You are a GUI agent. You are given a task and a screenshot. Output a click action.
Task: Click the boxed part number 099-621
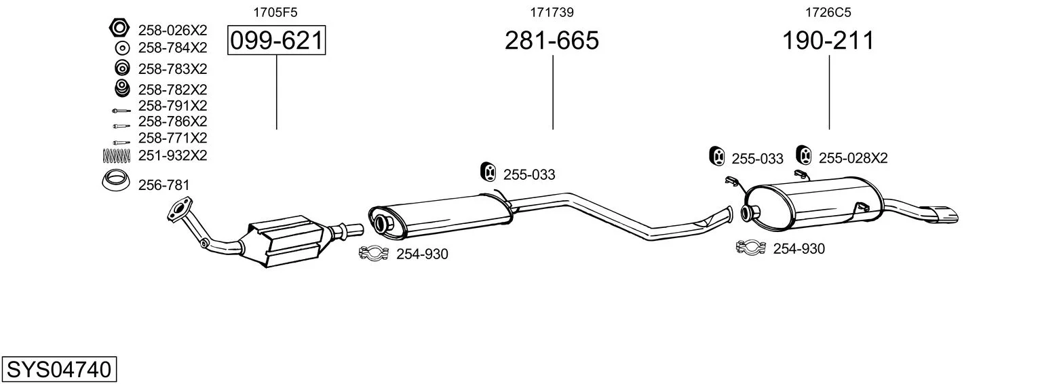point(276,40)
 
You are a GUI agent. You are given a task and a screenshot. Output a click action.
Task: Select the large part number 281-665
point(552,40)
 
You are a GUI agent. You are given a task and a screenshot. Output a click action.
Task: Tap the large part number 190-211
point(828,40)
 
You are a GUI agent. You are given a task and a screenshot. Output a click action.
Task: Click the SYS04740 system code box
point(59,369)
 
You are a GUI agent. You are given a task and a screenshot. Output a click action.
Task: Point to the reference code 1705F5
point(275,12)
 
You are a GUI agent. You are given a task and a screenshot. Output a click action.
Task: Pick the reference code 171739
point(552,12)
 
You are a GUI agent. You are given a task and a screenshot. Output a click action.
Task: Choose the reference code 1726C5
point(828,12)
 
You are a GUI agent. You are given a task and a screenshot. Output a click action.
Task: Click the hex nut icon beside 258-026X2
point(119,28)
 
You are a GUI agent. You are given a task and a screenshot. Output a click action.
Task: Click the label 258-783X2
point(172,69)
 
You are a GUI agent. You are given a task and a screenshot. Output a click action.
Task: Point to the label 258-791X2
point(172,106)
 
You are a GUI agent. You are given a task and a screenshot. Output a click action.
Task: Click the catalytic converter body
point(284,241)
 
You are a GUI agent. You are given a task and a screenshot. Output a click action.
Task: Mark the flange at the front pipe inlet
point(179,210)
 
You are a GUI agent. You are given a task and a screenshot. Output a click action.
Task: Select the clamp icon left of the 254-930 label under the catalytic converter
point(374,253)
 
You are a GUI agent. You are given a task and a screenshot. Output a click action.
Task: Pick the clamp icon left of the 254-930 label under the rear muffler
point(751,248)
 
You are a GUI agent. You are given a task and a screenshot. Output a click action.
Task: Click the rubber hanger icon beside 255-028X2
point(804,155)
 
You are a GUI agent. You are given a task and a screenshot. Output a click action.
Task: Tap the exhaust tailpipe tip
point(940,214)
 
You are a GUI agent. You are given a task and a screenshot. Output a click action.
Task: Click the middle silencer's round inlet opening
point(383,223)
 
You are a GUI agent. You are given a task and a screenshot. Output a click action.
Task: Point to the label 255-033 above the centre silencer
point(529,174)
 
